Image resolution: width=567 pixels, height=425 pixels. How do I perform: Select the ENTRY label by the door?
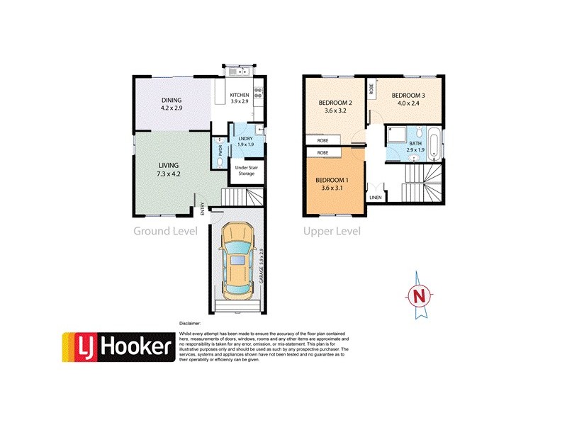202,208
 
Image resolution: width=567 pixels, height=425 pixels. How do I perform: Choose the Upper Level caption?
332,231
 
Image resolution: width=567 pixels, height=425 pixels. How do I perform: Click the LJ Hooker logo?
118,347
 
